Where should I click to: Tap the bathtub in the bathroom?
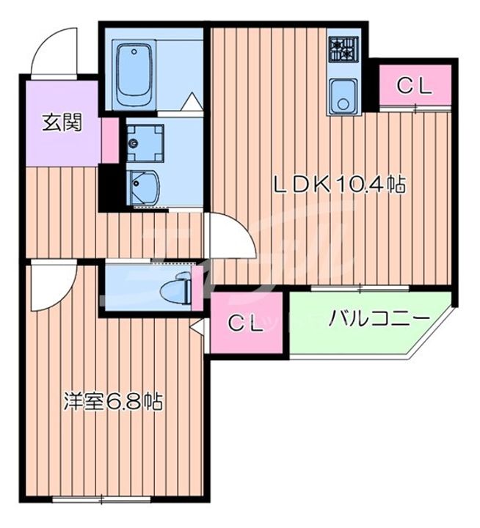134,73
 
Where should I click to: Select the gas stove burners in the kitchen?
342,49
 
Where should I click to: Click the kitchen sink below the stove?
342,97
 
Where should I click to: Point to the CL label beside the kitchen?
415,86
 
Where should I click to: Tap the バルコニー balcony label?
378,320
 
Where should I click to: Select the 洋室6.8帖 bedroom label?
112,401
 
